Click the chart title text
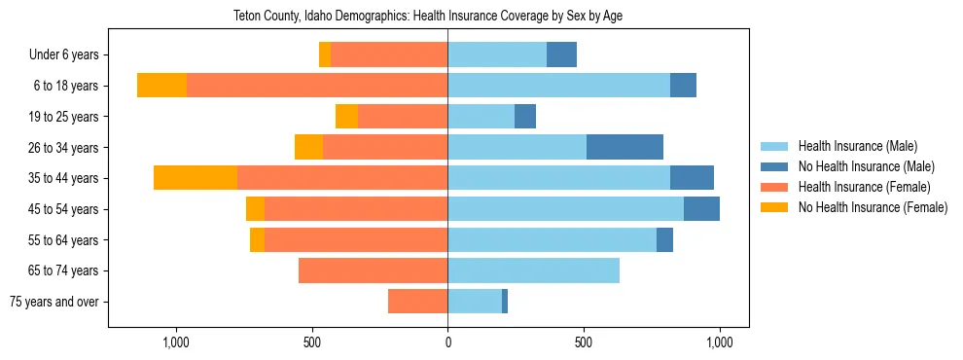[x=447, y=16]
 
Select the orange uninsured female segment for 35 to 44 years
[x=196, y=178]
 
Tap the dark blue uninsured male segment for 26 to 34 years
[x=624, y=147]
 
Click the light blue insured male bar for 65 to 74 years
[x=533, y=270]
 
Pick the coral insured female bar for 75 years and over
[x=417, y=302]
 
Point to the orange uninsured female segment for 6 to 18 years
[x=161, y=86]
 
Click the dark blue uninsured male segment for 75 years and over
[x=505, y=302]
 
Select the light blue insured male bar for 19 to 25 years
[x=481, y=117]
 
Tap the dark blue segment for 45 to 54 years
[x=701, y=209]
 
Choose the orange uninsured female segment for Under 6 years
[x=325, y=54]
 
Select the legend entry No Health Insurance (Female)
[x=873, y=207]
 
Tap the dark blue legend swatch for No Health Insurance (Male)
[x=775, y=166]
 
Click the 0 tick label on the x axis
[x=447, y=342]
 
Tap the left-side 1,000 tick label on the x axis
[x=176, y=342]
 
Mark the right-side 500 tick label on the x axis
[x=583, y=342]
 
